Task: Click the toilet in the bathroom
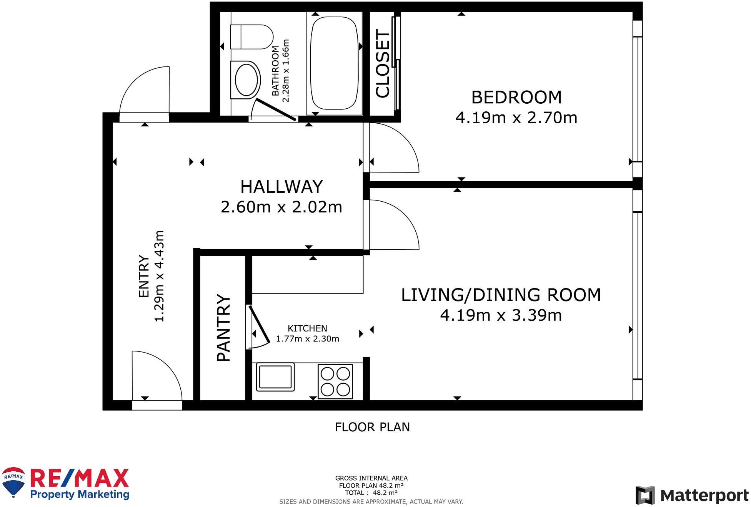[251, 37]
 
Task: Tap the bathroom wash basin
[246, 80]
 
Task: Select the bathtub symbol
[334, 63]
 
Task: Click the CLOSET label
[383, 63]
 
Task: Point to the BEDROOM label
[516, 97]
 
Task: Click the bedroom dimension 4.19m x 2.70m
[516, 118]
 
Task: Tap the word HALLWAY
[281, 187]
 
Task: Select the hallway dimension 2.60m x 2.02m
[281, 207]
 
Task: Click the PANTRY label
[223, 328]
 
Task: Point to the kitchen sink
[275, 377]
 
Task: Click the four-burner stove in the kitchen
[335, 381]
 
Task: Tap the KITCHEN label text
[307, 328]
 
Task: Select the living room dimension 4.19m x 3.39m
[501, 315]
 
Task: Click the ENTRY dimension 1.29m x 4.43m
[159, 276]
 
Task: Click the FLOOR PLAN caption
[372, 427]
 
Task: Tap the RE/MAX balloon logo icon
[13, 482]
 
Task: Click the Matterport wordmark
[704, 495]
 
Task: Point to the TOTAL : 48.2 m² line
[371, 493]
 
